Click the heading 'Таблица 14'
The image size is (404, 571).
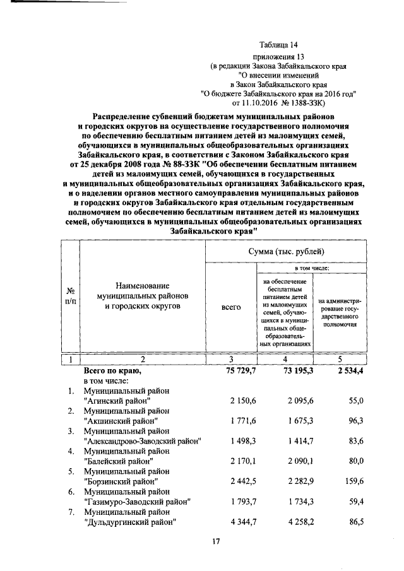coord(278,44)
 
